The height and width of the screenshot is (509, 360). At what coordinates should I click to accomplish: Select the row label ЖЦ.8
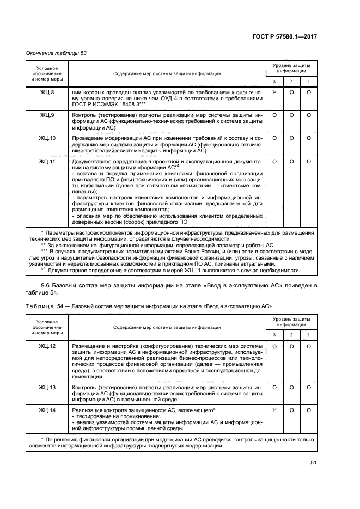pos(47,93)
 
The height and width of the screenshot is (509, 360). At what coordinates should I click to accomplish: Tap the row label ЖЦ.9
pos(47,116)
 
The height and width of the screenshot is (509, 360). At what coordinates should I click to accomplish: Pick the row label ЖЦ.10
pos(47,138)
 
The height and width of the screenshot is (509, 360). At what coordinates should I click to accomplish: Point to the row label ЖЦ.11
pos(47,162)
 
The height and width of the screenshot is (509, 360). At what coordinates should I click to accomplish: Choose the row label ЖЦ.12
pos(47,346)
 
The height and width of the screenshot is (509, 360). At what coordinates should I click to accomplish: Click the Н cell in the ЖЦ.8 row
pos(275,93)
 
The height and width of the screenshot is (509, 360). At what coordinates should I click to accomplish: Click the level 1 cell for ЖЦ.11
pos(309,162)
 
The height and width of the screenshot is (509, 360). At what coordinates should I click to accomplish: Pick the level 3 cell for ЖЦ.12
pos(275,346)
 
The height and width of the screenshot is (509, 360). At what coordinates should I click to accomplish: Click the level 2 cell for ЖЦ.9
pos(292,116)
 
